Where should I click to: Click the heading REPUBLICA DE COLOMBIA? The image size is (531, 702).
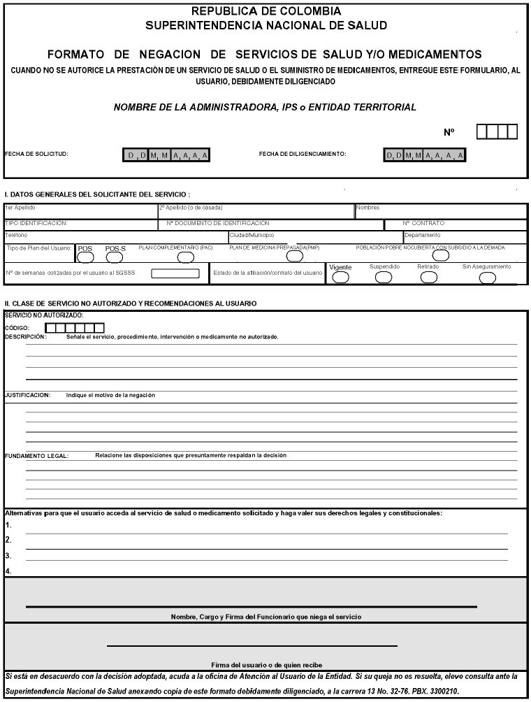coord(266,11)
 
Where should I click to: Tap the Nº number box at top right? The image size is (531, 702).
coord(497,131)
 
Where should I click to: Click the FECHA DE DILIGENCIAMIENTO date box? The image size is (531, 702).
coord(425,155)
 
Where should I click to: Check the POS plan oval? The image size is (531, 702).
coord(83,257)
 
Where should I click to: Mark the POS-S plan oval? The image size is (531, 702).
coord(114,257)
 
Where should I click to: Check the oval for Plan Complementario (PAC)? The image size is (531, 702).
coord(185,257)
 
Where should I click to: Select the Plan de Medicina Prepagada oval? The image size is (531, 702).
coord(295,256)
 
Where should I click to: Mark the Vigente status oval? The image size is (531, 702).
coord(340,277)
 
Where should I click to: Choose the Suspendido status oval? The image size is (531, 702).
coord(384,277)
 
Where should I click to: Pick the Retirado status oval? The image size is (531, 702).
coord(428,277)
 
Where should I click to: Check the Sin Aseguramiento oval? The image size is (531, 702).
coord(487,277)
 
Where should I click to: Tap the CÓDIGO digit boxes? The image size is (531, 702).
coord(75,327)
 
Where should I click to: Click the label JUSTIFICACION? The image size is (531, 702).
coord(27,395)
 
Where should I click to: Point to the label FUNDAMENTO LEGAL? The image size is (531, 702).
coord(36,456)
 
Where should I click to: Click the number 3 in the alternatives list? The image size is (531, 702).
coord(8,556)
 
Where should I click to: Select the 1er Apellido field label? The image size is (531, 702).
coord(20,208)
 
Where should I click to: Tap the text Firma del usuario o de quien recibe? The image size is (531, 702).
coord(266,664)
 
